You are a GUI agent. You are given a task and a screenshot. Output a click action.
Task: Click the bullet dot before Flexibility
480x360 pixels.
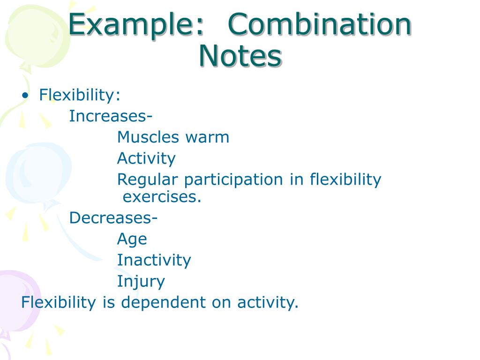(x=25, y=96)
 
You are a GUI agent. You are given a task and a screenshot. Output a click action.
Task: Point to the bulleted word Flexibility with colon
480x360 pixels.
(x=80, y=95)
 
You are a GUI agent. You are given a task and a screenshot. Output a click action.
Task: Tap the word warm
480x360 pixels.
(x=207, y=137)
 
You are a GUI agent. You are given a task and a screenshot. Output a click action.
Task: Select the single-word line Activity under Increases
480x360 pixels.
(x=146, y=158)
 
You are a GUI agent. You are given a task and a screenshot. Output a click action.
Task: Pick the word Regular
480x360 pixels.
(x=148, y=180)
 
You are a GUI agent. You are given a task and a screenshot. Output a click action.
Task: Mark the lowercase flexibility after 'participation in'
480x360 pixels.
(x=345, y=180)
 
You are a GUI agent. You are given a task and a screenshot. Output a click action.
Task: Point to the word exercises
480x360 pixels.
(x=162, y=197)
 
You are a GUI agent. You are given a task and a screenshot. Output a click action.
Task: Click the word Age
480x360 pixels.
(x=132, y=240)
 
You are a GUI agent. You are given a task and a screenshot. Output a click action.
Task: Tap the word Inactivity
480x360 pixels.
(x=154, y=260)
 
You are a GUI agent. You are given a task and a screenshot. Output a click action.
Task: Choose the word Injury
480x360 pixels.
(x=141, y=282)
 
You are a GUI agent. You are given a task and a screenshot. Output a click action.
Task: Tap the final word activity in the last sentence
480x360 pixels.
(x=267, y=302)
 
